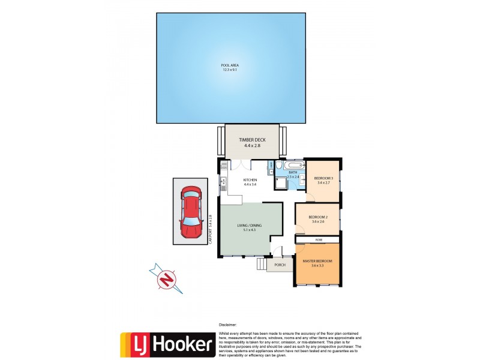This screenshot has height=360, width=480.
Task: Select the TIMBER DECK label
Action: click(251, 140)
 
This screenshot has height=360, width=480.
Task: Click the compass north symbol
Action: click(167, 278)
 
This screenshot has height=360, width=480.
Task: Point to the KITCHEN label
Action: click(250, 180)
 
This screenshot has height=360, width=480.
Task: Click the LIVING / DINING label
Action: click(250, 226)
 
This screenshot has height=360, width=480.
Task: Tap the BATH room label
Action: click(293, 173)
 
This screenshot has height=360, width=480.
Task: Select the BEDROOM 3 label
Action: click(323, 178)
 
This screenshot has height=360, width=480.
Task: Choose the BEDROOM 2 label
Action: click(317, 217)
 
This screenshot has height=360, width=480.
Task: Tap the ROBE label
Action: click(319, 239)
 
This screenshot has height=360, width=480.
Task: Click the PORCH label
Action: click(280, 265)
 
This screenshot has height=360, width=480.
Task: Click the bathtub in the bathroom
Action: click(293, 164)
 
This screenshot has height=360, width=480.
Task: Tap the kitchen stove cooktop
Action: click(224, 167)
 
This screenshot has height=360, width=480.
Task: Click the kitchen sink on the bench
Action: click(223, 182)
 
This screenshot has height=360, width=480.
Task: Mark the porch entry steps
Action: click(262, 264)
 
